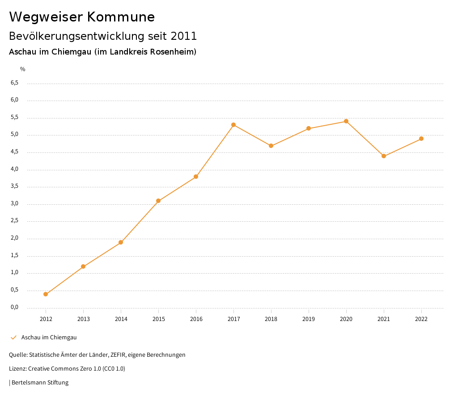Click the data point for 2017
click(233, 125)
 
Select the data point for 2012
click(46, 294)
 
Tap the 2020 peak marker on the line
click(346, 121)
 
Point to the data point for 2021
click(384, 156)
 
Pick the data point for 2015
click(158, 201)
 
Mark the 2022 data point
click(421, 139)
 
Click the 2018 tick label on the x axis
click(271, 319)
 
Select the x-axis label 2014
click(121, 319)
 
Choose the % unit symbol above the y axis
click(22, 69)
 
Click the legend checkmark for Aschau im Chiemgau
click(13, 338)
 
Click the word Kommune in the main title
click(121, 17)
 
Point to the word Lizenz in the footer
click(17, 369)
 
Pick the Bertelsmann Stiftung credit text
click(40, 383)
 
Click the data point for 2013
click(83, 266)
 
